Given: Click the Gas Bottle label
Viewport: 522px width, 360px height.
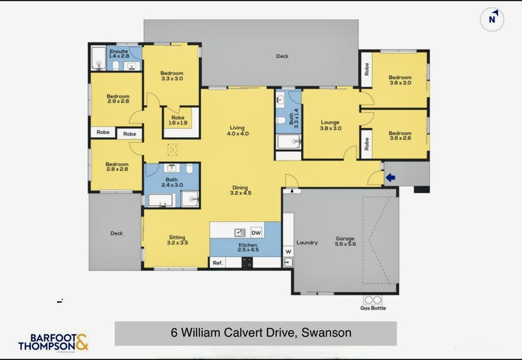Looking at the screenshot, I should click(373, 308).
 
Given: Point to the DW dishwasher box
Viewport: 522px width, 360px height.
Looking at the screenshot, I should click(256, 232).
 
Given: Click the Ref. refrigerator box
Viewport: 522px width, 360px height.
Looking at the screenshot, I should click(218, 263).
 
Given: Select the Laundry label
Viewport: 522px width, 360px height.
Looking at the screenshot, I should click(307, 243).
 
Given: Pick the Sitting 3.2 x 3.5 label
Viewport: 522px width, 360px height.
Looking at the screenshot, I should click(177, 240).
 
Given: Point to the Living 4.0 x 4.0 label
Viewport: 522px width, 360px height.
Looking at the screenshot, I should click(238, 130).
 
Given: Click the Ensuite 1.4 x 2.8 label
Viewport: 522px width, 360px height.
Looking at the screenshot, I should click(119, 54).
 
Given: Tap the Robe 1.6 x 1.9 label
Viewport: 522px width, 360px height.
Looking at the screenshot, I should click(178, 119).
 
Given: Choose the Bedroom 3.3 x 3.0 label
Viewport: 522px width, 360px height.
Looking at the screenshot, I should click(172, 76).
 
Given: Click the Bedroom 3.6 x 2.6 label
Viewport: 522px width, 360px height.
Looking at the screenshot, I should click(400, 135).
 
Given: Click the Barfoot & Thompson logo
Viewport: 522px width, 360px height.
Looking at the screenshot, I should click(53, 342).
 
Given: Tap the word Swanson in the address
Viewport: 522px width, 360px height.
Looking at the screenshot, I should click(326, 333).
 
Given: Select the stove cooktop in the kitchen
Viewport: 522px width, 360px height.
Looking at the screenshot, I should click(247, 263).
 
